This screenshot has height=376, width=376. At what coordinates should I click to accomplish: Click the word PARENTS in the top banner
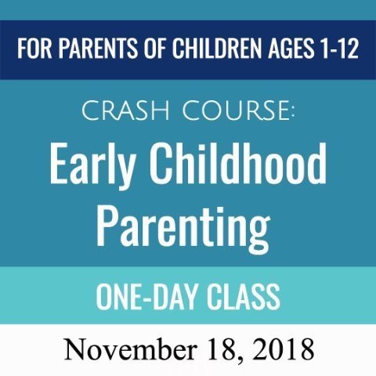97,49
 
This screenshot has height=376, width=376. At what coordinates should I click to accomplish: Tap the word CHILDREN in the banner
216,49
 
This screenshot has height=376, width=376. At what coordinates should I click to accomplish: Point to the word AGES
291,49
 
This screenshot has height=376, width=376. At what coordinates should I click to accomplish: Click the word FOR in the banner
34,49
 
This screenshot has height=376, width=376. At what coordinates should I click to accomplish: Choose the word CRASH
125,110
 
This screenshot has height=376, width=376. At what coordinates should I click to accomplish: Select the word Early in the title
92,167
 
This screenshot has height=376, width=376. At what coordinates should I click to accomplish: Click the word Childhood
237,164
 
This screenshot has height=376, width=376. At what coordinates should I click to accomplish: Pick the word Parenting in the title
183,230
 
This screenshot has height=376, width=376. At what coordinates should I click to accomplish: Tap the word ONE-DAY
146,297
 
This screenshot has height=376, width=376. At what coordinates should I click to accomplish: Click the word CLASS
244,297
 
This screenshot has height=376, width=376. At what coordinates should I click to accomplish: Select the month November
130,349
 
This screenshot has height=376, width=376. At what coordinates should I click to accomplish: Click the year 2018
283,349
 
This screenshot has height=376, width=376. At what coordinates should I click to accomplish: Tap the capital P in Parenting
107,226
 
